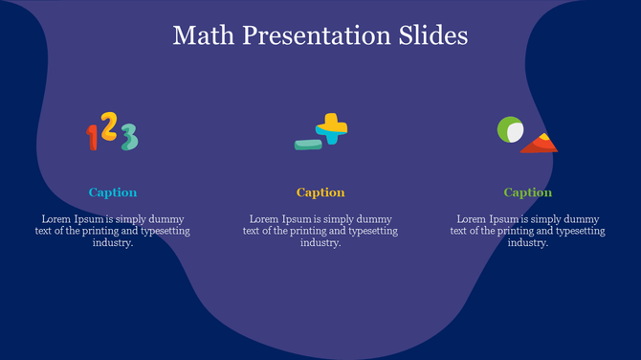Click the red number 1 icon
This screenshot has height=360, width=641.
click(x=93, y=137)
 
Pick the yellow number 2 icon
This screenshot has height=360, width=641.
click(x=109, y=126)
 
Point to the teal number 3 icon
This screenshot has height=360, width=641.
click(x=128, y=137)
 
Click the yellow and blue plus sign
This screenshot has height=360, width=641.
click(x=332, y=127)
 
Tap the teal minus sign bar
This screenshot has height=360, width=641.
click(x=308, y=145)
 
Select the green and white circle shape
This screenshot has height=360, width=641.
click(x=510, y=130)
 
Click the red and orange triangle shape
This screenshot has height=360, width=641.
click(x=540, y=144)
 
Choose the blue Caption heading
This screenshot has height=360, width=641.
click(x=113, y=192)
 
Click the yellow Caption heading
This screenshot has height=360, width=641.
click(x=320, y=192)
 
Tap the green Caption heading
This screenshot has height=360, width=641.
click(x=528, y=192)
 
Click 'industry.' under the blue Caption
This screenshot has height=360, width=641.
click(x=113, y=243)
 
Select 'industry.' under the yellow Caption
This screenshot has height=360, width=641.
click(x=320, y=243)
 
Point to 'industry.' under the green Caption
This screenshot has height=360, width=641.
click(x=528, y=243)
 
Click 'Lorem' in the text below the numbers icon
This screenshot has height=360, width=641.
click(x=56, y=219)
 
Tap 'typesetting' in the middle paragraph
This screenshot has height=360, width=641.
click(x=370, y=231)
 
